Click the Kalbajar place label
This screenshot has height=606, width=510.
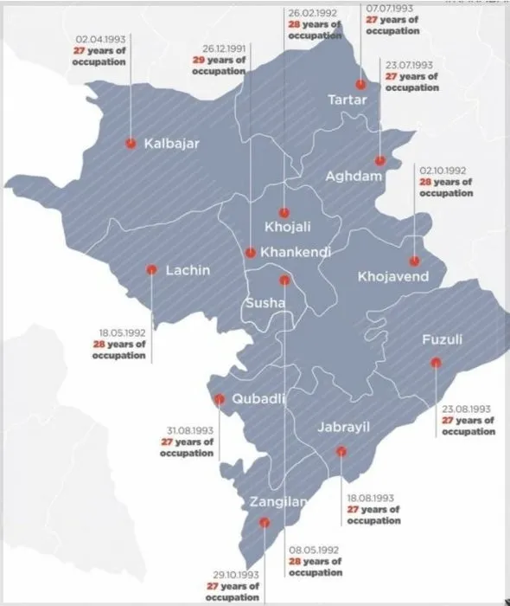tap(171, 144)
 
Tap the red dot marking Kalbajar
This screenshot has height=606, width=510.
tap(131, 144)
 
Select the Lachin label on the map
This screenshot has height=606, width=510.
tap(188, 270)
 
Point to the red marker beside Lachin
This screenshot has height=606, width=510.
tap(151, 269)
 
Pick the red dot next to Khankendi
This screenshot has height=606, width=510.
tap(250, 253)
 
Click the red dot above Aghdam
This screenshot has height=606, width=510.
tap(379, 161)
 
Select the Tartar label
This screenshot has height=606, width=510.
tap(347, 100)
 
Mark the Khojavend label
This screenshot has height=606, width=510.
tap(392, 277)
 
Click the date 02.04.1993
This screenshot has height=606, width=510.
tap(101, 40)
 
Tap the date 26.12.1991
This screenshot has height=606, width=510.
tap(220, 48)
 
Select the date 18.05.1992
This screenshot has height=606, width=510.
tap(120, 332)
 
